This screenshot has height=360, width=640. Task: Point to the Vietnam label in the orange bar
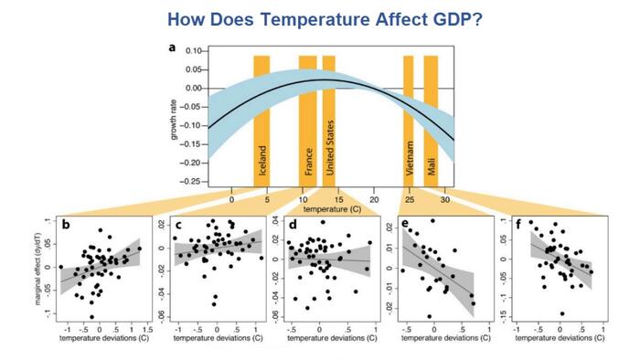point(409,161)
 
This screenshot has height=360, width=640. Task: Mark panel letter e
point(405,222)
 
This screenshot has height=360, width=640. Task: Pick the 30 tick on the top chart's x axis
point(443,198)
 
